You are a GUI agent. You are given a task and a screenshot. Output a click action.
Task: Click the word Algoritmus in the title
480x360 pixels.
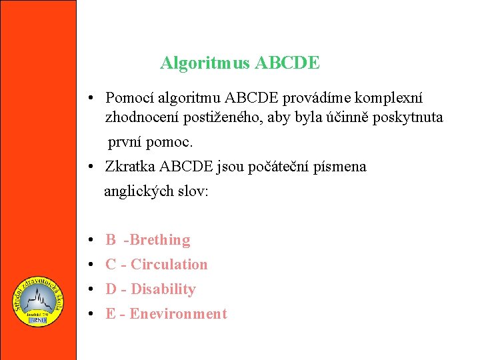point(205,63)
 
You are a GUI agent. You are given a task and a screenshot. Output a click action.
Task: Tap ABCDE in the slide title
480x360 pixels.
point(287,63)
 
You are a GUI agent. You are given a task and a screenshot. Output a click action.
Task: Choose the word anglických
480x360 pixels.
point(138,191)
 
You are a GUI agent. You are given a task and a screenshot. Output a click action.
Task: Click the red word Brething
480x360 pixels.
point(161,240)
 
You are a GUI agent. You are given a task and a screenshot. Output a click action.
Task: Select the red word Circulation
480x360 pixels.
point(169,265)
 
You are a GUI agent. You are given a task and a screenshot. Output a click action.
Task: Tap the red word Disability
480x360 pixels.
point(163,289)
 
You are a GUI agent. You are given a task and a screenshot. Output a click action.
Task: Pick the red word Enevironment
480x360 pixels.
point(178,314)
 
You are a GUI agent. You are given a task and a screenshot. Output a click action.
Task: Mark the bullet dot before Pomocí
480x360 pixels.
point(89,99)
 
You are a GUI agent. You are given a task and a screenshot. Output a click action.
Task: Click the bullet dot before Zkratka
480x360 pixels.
point(89,167)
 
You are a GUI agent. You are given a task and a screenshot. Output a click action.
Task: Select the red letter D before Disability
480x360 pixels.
point(111,289)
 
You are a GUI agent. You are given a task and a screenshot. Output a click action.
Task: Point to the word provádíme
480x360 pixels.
point(316,99)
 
